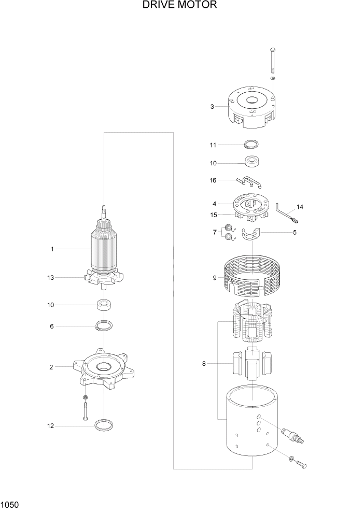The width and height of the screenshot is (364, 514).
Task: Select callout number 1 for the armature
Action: pos(52,249)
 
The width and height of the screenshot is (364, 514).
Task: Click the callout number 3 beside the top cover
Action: pos(212,107)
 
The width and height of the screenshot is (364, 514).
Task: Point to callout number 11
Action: pos(213,145)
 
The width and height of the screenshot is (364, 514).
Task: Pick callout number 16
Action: pos(213,180)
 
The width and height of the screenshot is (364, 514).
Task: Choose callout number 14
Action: pos(300,207)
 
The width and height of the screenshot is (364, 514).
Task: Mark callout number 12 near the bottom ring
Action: pos(51,426)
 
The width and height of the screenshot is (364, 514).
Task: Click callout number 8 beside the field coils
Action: pos(204,364)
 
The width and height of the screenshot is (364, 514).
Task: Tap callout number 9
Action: pos(214,278)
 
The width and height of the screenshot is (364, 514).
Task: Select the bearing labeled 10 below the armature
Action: pos(104,305)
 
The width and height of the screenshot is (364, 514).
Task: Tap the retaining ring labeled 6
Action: pos(104,326)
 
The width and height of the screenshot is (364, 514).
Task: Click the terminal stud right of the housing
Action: pos(292,435)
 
